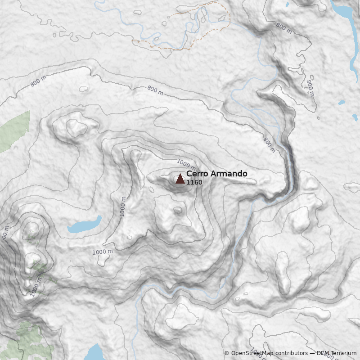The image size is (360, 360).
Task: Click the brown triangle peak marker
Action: [x=180, y=179]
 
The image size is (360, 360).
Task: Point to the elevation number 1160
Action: [x=194, y=183]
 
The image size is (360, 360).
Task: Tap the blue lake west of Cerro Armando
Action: [x=85, y=225]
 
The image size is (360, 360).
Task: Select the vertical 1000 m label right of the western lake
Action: [x=123, y=207]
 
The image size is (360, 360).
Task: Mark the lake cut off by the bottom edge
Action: [x=95, y=352]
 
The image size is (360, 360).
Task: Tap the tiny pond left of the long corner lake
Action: [x=288, y=4]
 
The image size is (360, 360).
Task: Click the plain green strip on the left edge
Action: [x=14, y=130]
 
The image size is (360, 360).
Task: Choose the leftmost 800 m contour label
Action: [x=38, y=81]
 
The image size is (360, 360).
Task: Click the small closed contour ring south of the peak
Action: [x=178, y=210]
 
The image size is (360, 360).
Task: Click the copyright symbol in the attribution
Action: [x=227, y=353]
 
